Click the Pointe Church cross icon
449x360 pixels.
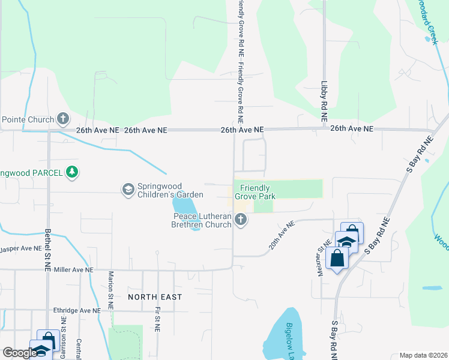coord(63,119)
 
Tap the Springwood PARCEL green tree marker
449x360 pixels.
coord(72,172)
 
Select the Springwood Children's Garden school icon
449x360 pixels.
coord(127,190)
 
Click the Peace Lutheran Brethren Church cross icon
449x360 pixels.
coord(241,220)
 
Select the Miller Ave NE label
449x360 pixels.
coord(70,271)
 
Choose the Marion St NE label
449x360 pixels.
coord(111,290)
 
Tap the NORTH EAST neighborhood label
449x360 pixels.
coord(154,297)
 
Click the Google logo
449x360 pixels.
coord(20,353)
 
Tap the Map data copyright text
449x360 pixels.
coord(424,355)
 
